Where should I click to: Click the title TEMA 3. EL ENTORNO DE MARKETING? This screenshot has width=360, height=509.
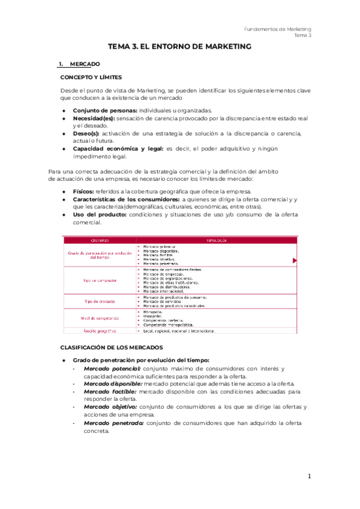[x=179, y=46]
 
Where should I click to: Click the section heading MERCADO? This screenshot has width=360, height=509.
[x=85, y=64]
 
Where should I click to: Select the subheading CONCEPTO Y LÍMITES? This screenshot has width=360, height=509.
[x=91, y=77]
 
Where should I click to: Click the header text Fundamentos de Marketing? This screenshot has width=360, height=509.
[x=278, y=29]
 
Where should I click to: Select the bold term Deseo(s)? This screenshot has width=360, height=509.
[x=87, y=133]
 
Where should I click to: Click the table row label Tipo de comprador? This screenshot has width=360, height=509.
[x=100, y=280]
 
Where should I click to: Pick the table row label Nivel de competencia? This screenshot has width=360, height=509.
[x=100, y=318]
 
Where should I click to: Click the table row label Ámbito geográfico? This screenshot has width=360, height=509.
[x=100, y=331]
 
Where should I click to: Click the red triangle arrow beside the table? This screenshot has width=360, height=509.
[x=295, y=261]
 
